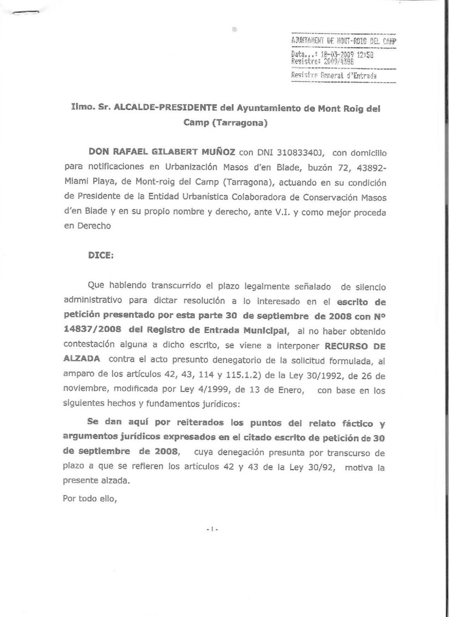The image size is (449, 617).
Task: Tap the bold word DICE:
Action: pos(100,255)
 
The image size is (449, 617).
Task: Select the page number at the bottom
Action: pos(212,529)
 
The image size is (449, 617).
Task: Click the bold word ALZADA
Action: pos(82,358)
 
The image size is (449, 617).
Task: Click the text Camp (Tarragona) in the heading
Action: pos(225,123)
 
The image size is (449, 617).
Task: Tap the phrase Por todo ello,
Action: pos(90,499)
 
